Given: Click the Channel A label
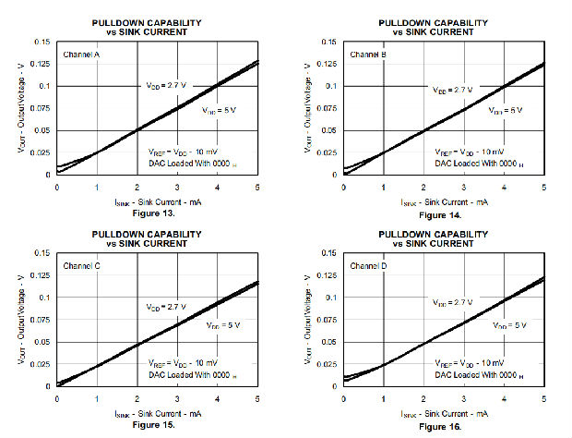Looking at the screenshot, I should tap(82, 55).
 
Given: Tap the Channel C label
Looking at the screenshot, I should tap(82, 266).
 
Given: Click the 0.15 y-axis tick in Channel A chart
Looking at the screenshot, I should tap(42, 42).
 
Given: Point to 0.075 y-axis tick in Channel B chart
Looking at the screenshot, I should tap(328, 108).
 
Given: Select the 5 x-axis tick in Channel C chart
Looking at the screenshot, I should tap(257, 398).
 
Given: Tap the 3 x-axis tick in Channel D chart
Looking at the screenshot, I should tap(464, 398).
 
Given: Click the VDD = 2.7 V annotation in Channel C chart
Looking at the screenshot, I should tap(167, 307).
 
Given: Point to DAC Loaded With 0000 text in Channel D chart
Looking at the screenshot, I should tap(479, 375).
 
